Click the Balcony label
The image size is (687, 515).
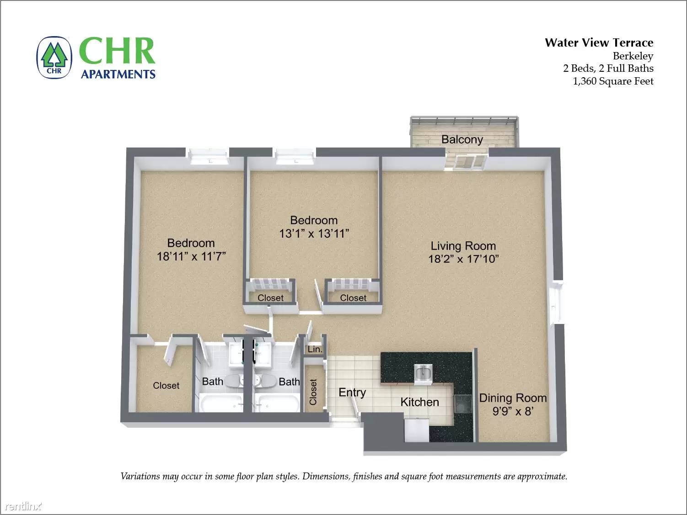click(462, 139)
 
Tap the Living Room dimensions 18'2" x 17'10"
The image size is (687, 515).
click(463, 259)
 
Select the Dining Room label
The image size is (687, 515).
click(513, 398)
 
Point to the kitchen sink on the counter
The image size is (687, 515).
click(424, 373)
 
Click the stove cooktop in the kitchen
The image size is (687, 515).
click(463, 404)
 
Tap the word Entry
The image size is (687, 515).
click(352, 392)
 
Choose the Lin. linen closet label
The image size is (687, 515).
click(315, 350)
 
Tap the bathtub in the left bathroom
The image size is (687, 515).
click(220, 404)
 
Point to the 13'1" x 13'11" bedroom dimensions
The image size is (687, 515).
click(314, 234)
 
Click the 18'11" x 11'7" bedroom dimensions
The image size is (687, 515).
click(191, 256)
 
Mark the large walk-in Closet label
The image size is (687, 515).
click(166, 386)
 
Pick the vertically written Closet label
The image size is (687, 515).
click(313, 392)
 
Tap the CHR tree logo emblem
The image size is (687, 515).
click(54, 58)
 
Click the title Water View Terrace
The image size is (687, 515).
click(599, 43)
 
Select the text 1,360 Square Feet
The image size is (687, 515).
click(613, 81)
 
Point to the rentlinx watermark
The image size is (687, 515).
click(22, 506)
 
